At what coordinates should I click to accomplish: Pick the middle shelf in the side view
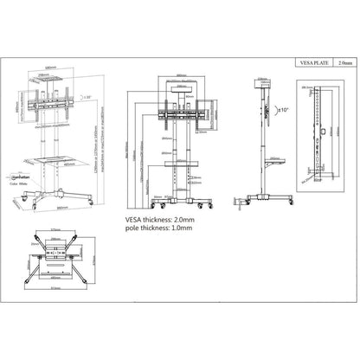click(x=268, y=164)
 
